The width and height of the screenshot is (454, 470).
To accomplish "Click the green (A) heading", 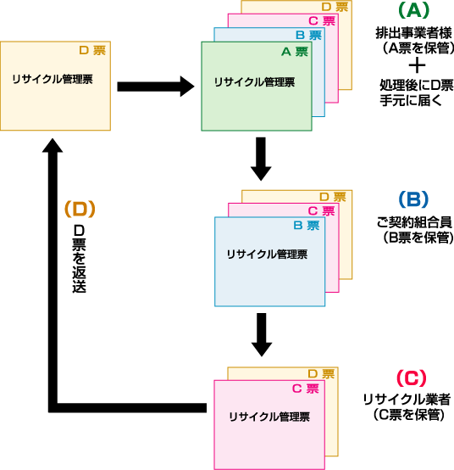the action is click(x=414, y=11).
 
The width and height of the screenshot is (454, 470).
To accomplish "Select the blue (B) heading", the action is click(x=413, y=199).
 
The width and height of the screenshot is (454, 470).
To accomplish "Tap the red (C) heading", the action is click(x=411, y=378).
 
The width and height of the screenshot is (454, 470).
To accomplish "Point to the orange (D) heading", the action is click(x=80, y=210).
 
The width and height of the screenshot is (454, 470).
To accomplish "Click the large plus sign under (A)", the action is click(x=417, y=66).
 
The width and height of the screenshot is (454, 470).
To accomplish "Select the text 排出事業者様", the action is click(x=414, y=33).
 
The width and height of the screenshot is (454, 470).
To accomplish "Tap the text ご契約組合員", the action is click(x=414, y=222).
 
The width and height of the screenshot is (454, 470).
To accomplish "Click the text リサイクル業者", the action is click(x=407, y=400).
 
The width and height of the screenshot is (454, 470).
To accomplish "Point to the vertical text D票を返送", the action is click(x=80, y=259).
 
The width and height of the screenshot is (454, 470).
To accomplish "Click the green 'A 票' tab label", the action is click(x=295, y=52).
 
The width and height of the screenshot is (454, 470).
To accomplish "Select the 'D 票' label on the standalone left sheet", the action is click(x=92, y=50).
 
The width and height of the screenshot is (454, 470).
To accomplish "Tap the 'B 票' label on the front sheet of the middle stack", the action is click(x=307, y=225).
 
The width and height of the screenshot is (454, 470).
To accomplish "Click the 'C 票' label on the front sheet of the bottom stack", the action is click(x=306, y=389).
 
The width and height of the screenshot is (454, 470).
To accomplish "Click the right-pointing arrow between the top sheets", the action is click(x=156, y=87).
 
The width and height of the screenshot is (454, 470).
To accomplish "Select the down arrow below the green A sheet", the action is click(x=261, y=159).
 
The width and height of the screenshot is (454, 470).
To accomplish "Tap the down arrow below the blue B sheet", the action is click(x=262, y=335).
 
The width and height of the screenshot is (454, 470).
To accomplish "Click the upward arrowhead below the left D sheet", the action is click(x=53, y=145).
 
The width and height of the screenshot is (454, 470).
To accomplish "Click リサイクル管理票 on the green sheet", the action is click(x=255, y=82).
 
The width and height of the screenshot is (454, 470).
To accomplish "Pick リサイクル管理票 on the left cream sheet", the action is click(x=53, y=79).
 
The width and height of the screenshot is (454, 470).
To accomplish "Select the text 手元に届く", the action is click(x=411, y=100).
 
